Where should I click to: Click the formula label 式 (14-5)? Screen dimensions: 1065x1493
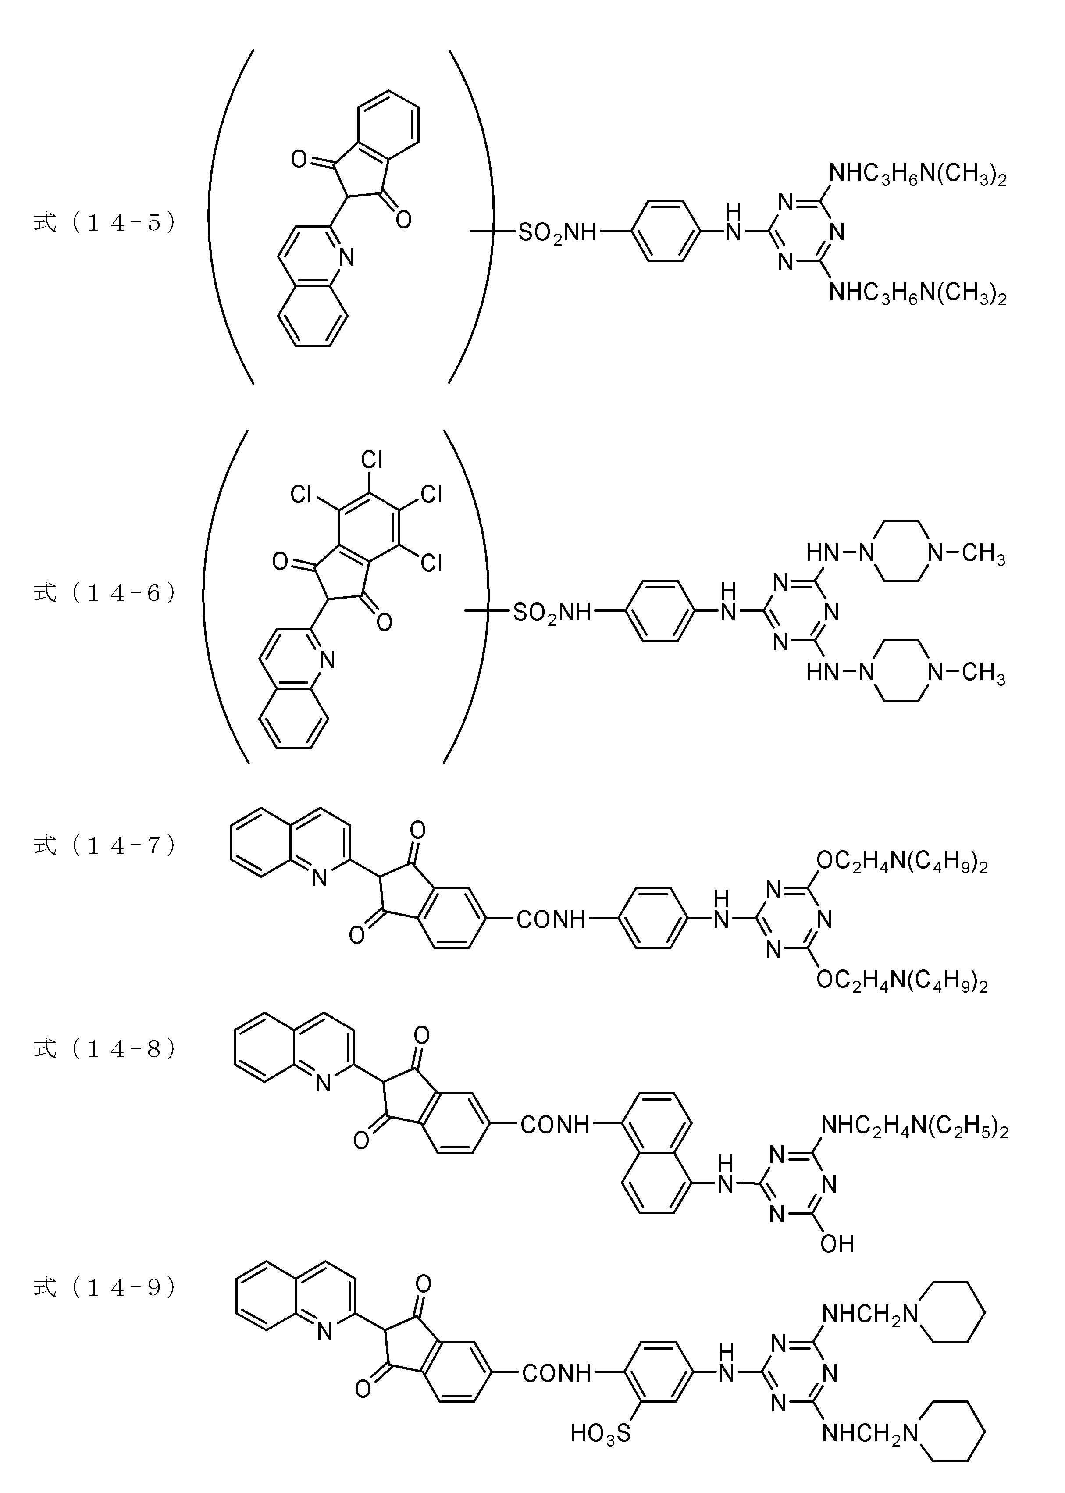(x=105, y=222)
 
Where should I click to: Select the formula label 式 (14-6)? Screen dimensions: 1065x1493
(x=105, y=593)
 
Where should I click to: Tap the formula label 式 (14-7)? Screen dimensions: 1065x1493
(x=105, y=845)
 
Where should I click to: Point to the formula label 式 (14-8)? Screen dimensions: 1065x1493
(x=105, y=1049)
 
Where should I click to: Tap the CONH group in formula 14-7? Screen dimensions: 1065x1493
(x=551, y=920)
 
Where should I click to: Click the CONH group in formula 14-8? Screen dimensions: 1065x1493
(x=555, y=1125)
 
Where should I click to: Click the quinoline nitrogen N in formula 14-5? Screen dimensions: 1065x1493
(x=347, y=258)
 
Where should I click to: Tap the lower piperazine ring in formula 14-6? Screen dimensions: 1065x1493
(x=898, y=671)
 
